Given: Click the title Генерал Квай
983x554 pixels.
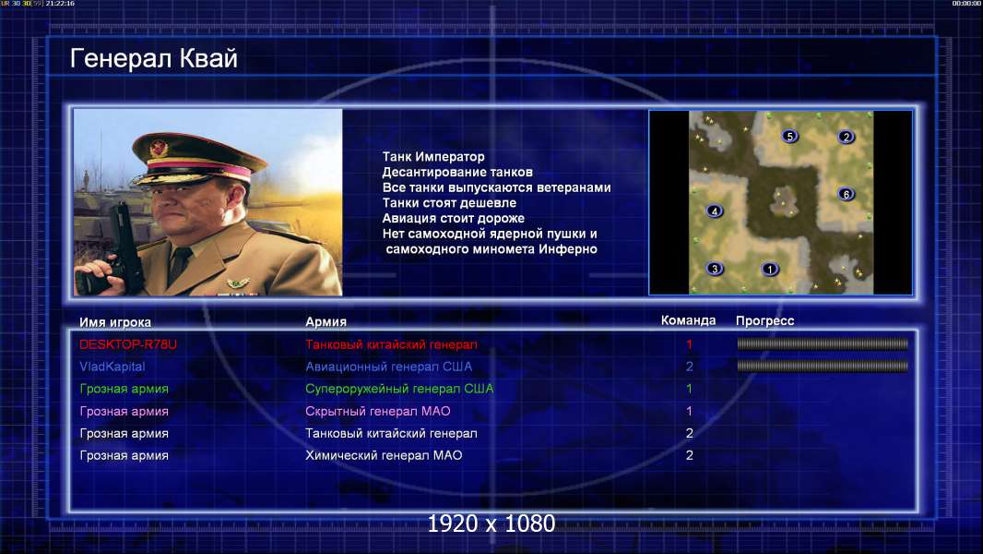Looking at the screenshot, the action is point(154,58).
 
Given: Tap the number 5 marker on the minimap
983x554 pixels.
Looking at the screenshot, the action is point(790,136).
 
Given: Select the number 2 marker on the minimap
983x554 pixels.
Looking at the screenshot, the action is point(847,137).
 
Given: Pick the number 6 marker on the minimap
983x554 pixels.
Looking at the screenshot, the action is point(847,194).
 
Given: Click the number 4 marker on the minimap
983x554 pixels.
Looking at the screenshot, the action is point(715,211).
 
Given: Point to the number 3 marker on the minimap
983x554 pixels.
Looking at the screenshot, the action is point(715,270).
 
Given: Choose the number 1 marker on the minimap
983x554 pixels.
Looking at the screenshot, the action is point(770,270).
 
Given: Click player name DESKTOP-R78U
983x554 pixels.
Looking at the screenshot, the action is point(128,344).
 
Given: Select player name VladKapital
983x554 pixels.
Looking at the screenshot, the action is point(113,367).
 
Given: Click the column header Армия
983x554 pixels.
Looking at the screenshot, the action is point(326,321).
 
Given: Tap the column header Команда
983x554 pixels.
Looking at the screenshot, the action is point(688,320).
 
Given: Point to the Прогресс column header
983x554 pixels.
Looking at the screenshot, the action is point(764,320).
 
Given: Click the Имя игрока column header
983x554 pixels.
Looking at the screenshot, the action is point(114,322).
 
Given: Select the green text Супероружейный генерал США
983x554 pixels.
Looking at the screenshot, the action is point(399,389).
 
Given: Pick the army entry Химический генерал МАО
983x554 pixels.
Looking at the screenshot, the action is point(384,455).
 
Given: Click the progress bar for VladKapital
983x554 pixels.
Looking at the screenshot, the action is point(823,366).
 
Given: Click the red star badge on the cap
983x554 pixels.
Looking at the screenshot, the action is point(159,148).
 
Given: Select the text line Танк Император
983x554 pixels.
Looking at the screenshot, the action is point(433,157).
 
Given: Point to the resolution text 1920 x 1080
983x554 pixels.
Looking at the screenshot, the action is point(491,524).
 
